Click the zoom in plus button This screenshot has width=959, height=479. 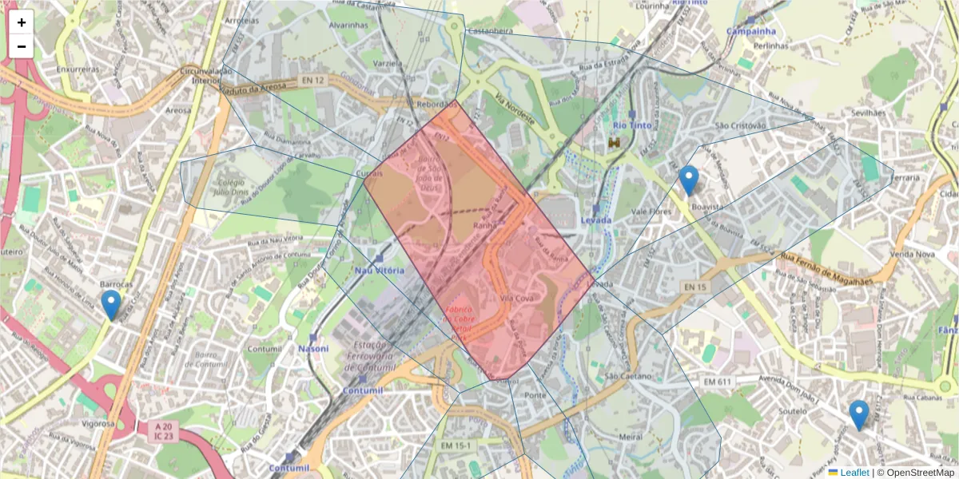coord(22,22)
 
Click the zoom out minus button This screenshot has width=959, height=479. coord(22,46)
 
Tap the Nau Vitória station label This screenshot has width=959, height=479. coord(380,271)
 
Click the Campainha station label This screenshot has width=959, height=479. coord(750,31)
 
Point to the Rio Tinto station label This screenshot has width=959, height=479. coord(632,125)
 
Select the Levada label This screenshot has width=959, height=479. coord(596,220)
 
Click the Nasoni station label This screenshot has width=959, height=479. coord(313,349)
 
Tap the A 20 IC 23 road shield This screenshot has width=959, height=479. coord(164,432)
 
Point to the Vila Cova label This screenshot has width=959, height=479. coord(516,298)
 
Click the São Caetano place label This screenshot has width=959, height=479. coord(628,376)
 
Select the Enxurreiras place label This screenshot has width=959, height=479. coord(78,69)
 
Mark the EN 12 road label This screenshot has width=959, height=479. coord(314,81)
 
